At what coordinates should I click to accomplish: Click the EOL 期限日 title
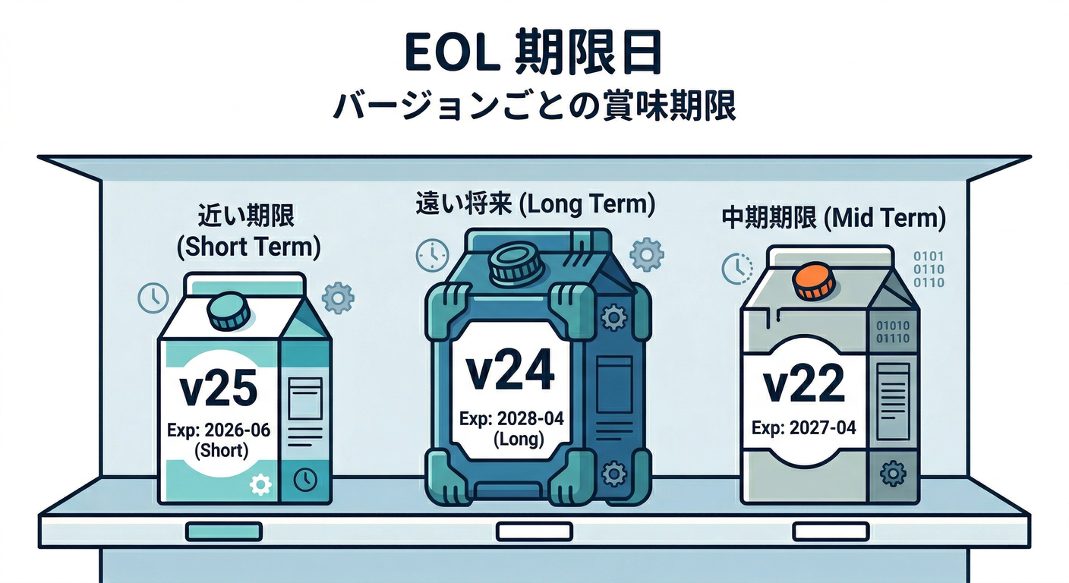[x=533, y=55]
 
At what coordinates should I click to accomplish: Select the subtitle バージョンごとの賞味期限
[x=534, y=105]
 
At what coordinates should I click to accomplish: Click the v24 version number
[x=509, y=371]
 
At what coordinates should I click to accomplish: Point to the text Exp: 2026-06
[x=219, y=430]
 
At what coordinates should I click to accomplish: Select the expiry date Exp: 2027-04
[x=804, y=428]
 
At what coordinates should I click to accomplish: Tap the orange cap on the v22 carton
[x=814, y=282]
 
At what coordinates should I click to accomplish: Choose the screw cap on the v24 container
[x=516, y=263]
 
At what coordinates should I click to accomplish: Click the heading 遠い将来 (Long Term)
[x=534, y=204]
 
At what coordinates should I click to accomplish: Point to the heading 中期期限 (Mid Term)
[x=834, y=219]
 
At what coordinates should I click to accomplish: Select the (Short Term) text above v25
[x=242, y=247]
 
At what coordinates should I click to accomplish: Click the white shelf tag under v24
[x=534, y=531]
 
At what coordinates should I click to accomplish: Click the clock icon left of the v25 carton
[x=153, y=298]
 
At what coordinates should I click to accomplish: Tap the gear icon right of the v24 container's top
[x=647, y=254]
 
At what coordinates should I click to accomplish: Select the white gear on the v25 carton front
[x=260, y=484]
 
